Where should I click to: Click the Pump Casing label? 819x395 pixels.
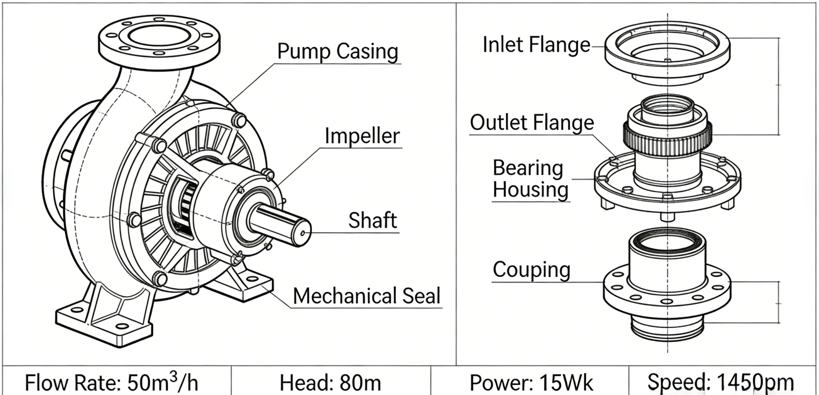(x=338, y=52)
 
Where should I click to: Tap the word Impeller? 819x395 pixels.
(x=362, y=136)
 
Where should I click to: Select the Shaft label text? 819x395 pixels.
(x=372, y=221)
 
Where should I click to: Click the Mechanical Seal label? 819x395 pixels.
(x=367, y=296)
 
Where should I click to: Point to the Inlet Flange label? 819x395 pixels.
(x=536, y=45)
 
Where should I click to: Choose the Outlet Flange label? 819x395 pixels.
(x=531, y=123)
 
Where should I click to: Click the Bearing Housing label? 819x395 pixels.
(x=530, y=179)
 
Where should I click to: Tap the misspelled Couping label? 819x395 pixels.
(x=531, y=270)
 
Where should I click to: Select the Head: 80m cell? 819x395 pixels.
(x=330, y=382)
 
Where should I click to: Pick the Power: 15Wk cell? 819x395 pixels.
(x=531, y=382)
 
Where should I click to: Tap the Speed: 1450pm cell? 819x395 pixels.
(x=720, y=382)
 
